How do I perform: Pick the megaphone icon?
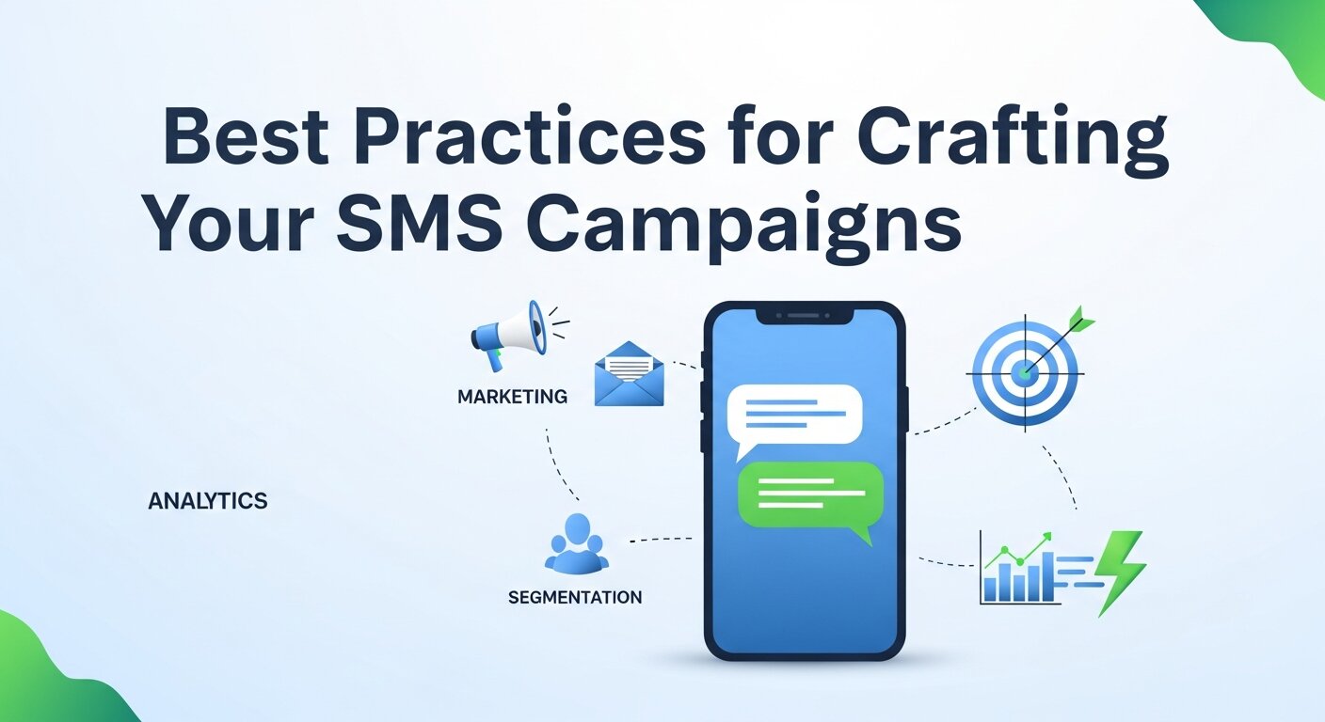point(509,330)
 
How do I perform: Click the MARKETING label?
point(512,397)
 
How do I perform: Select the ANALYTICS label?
point(208,501)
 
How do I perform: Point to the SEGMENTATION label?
point(574,597)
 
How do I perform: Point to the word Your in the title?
point(225,227)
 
